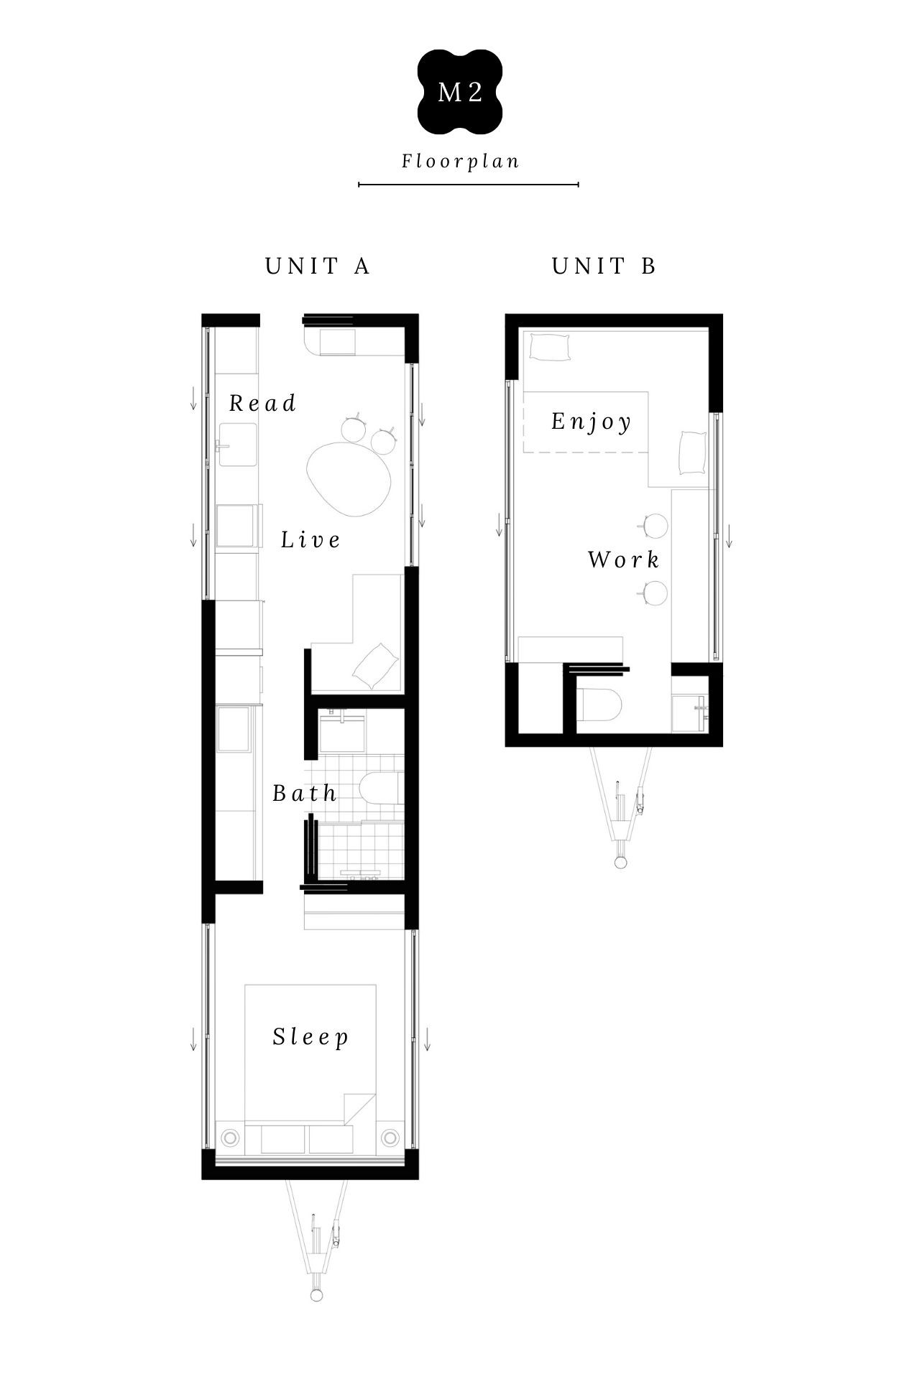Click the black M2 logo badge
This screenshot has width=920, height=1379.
(460, 92)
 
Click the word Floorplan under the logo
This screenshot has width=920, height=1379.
(461, 162)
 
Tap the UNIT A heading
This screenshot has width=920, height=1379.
(318, 266)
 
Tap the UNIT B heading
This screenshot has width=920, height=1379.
(604, 266)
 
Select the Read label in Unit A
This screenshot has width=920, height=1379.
(262, 404)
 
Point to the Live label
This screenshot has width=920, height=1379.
(310, 539)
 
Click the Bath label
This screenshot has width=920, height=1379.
(305, 794)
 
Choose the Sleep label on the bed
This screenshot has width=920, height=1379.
(310, 1037)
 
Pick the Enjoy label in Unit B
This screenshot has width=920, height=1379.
(592, 422)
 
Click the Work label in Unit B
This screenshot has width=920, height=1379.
(623, 560)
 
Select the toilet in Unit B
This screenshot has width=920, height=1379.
(599, 705)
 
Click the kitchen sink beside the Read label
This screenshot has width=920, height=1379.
(238, 444)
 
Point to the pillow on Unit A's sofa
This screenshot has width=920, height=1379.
(374, 667)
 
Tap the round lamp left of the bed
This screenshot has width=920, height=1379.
(230, 1137)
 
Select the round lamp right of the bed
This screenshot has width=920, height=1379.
(390, 1137)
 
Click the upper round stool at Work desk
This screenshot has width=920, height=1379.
(655, 526)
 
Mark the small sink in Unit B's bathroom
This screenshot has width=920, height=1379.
(689, 713)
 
